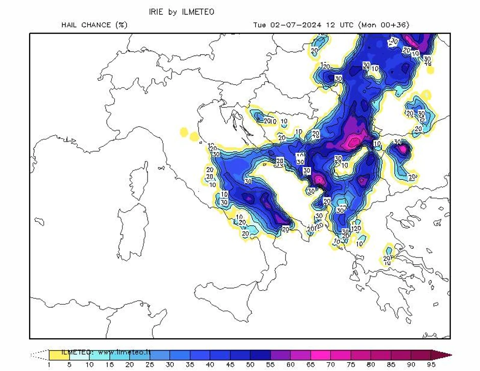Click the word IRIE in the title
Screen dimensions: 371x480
click(x=156, y=12)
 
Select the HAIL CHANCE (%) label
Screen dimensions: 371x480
click(x=94, y=25)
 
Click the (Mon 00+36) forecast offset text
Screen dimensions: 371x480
click(x=383, y=25)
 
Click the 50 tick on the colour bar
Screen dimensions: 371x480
click(x=250, y=364)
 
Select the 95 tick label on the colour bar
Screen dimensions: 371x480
click(x=431, y=364)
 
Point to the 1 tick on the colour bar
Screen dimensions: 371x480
click(x=49, y=364)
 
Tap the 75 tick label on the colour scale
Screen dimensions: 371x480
click(x=351, y=364)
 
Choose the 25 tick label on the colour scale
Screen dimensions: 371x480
click(x=150, y=364)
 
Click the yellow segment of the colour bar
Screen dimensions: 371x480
click(x=59, y=354)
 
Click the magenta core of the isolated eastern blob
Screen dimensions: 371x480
click(x=403, y=149)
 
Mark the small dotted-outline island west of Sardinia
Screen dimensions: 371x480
click(x=39, y=222)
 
